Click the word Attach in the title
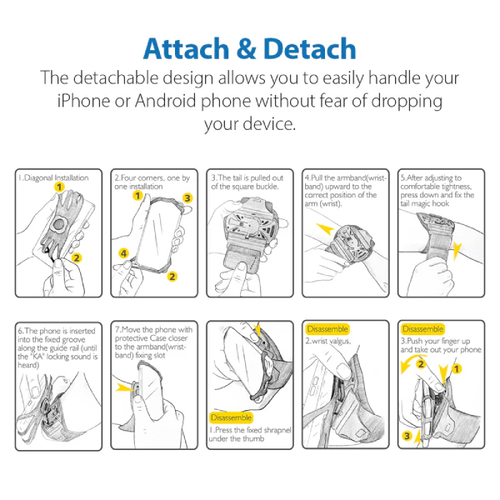coord(187,49)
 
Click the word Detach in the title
coord(310,49)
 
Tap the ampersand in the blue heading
coord(247,49)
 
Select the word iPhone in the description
coord(83,101)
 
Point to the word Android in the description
coord(165,101)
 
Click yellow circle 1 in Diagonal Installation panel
coord(59,187)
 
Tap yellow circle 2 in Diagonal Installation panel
coord(77,257)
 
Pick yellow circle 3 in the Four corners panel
coord(187,198)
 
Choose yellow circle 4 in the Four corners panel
coord(123,253)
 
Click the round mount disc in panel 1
coord(58,225)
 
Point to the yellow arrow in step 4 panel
coord(325,228)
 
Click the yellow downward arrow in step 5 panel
coord(457,251)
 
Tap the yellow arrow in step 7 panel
coord(125,387)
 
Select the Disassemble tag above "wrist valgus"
coord(327,329)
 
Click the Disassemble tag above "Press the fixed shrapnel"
coord(231,417)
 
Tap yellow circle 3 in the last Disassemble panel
coord(407,436)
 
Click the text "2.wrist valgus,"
coord(328,341)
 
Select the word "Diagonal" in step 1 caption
coord(38,178)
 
